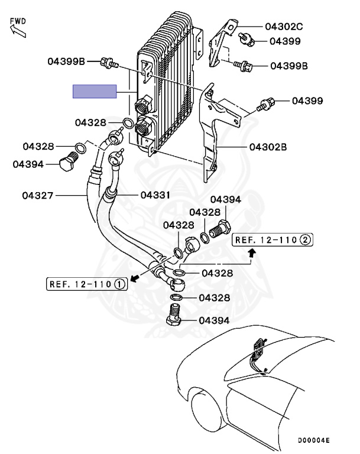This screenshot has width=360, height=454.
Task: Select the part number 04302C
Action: pos(283,26)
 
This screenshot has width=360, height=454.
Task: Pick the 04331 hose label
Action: pos(156,194)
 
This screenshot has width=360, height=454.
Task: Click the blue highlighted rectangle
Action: pos(94,92)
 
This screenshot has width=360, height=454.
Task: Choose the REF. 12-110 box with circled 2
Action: pos(273,239)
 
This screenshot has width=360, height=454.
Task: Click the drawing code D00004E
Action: pos(313,441)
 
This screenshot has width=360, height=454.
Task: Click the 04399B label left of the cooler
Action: pos(67,61)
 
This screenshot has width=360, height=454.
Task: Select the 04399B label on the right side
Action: pos(289,66)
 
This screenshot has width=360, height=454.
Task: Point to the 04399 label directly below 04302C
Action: pos(286,41)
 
